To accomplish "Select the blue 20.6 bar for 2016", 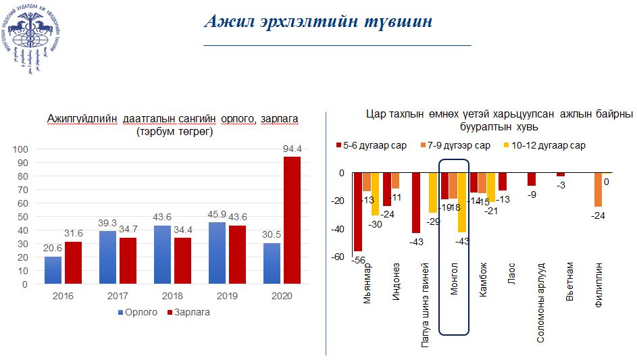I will pyautogui.click(x=53, y=270).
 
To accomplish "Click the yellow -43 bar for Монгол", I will pyautogui.click(x=462, y=203).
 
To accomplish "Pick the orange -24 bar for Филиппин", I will pyautogui.click(x=598, y=190).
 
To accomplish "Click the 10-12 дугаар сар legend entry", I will pyautogui.click(x=544, y=145).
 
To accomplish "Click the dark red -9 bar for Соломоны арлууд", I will pyautogui.click(x=532, y=179).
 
